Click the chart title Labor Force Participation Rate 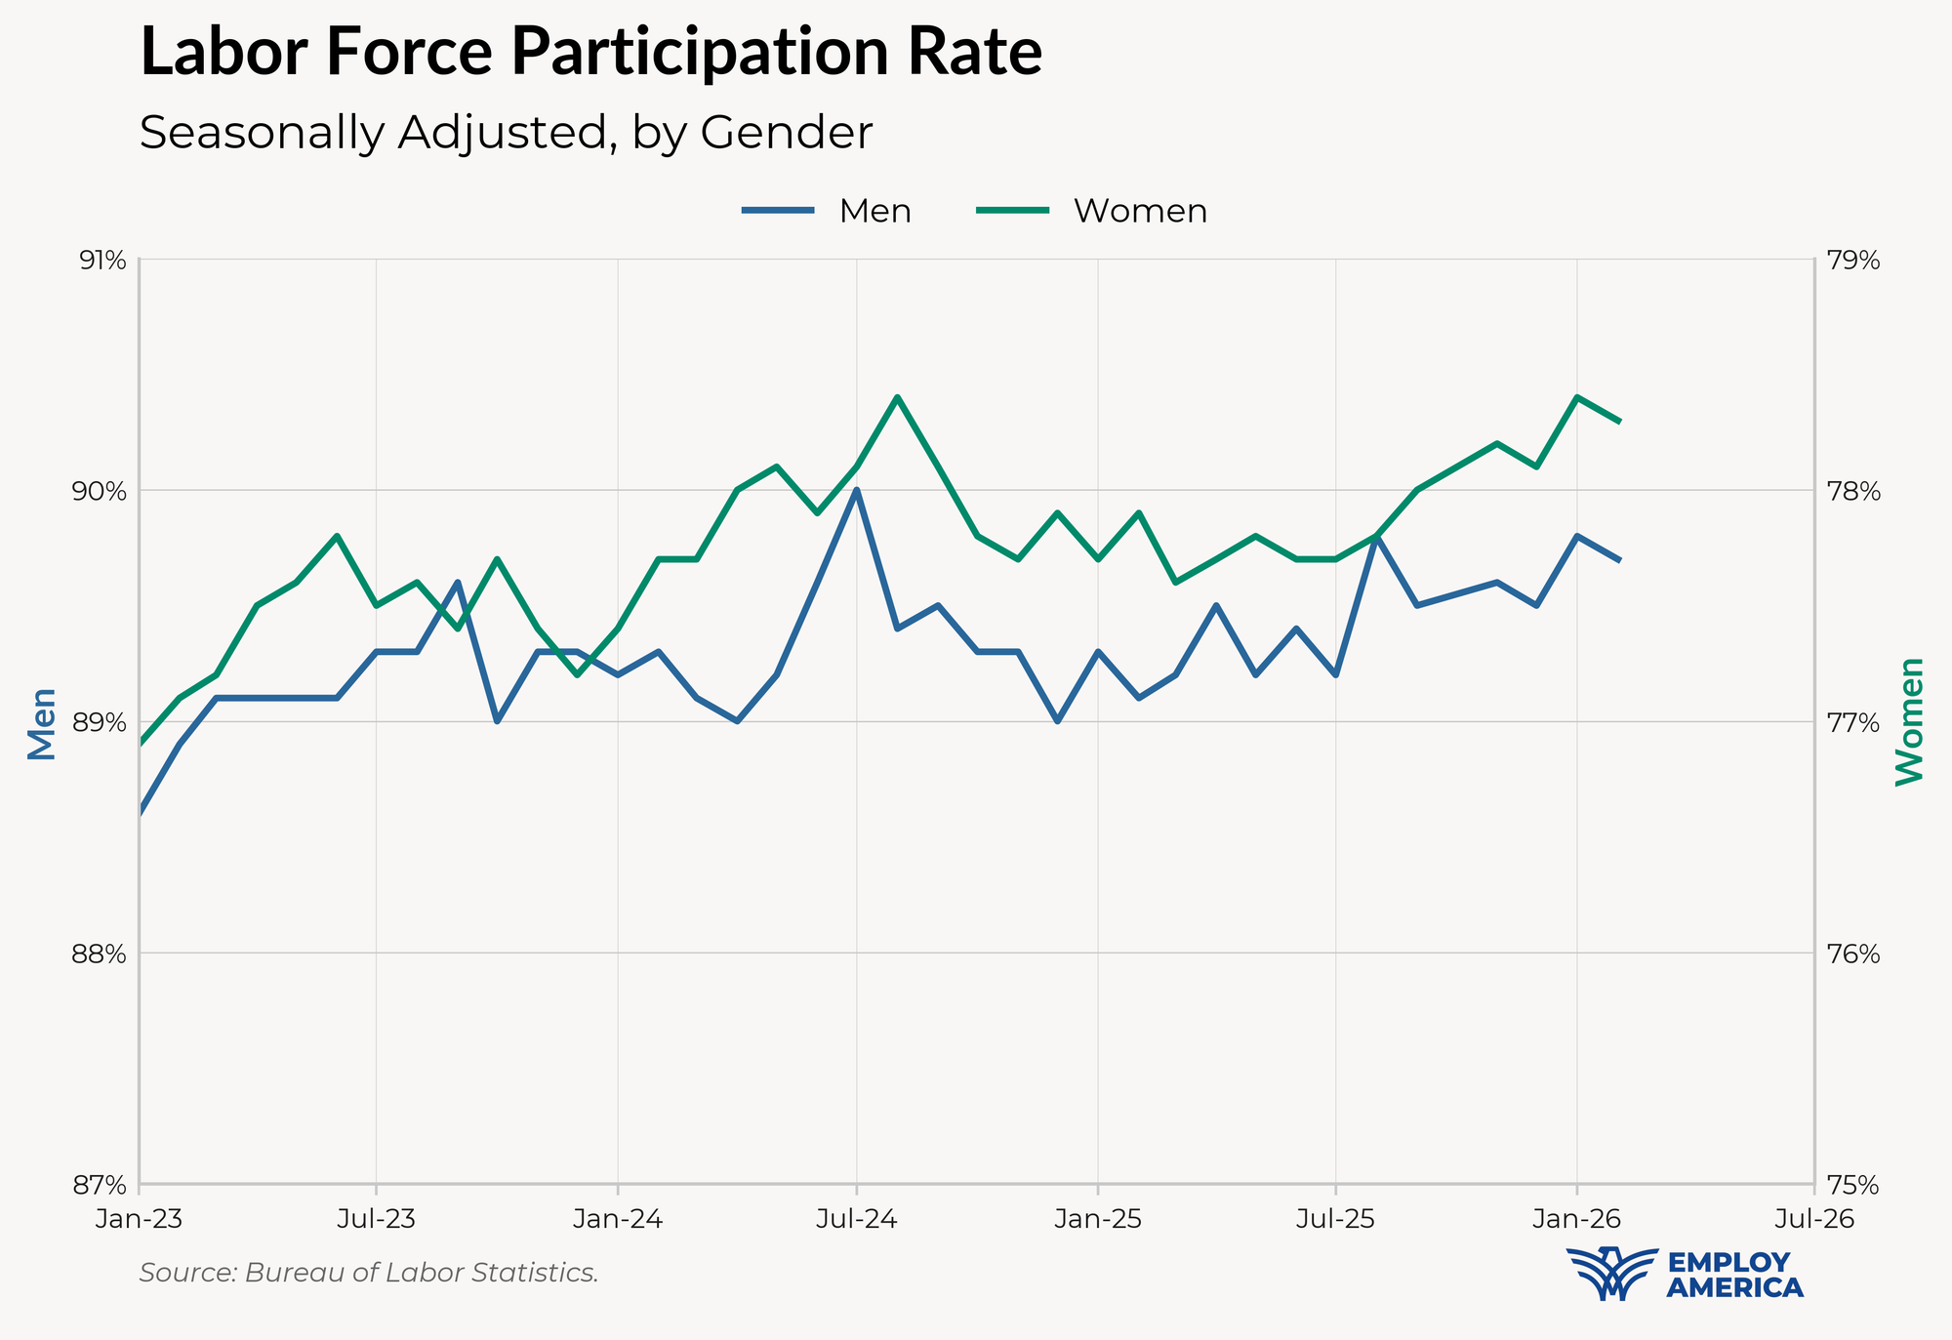pos(591,53)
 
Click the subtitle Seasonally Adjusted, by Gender pos(506,133)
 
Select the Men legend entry pos(827,211)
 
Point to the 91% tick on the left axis pos(102,261)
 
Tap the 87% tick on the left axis pos(102,1186)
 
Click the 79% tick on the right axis pos(1851,261)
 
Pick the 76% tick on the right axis pos(1851,954)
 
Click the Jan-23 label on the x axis pos(140,1219)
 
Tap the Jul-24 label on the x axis pos(857,1219)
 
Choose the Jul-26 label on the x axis pos(1813,1219)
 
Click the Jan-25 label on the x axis pos(1098,1219)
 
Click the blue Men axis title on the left pos(41,723)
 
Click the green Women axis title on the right pos(1909,720)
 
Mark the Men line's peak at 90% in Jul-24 pos(857,490)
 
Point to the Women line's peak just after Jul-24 pos(897,397)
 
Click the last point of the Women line pos(1619,422)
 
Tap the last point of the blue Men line pos(1619,560)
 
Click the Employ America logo pos(1685,1274)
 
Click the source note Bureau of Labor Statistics pos(369,1273)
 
